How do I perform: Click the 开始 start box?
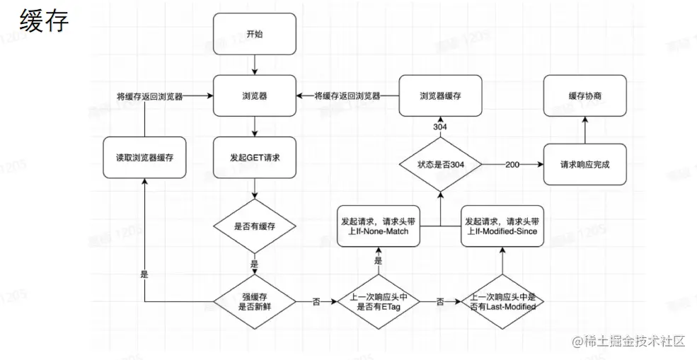[x=255, y=34]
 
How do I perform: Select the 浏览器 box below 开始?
[x=255, y=95]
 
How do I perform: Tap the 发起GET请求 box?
[x=255, y=157]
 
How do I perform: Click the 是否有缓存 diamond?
[x=255, y=226]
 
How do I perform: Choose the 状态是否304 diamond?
[x=440, y=164]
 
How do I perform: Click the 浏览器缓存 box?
[x=440, y=95]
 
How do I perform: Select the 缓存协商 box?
[x=584, y=95]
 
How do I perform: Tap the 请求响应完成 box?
[x=584, y=164]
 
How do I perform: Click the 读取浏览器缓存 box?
[x=145, y=157]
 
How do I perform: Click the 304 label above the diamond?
[x=440, y=127]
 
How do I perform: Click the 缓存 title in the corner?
[x=44, y=21]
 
